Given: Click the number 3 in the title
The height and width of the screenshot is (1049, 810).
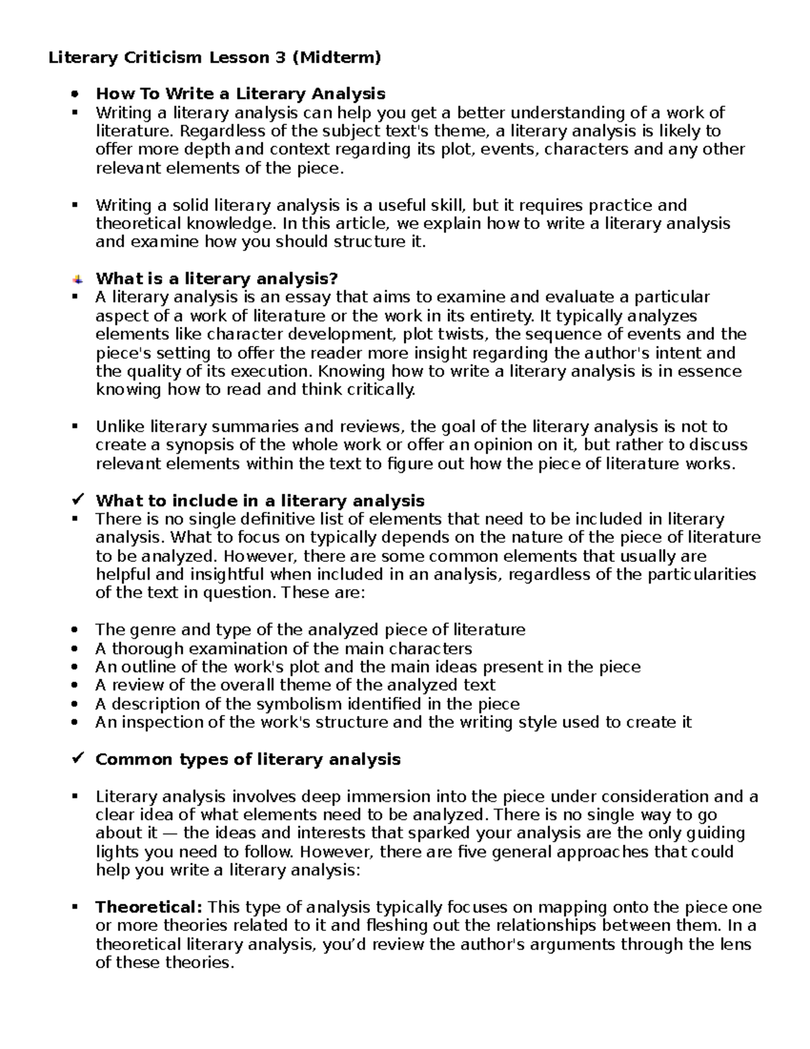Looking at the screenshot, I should coord(279,57).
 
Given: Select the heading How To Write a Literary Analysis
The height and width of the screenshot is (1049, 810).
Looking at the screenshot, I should coord(240,94).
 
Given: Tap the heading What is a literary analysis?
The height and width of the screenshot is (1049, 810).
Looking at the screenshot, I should coord(216,278).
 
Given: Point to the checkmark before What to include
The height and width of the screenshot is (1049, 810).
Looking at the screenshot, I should coord(77,500).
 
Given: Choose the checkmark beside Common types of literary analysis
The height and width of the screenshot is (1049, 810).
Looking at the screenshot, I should coord(77,759).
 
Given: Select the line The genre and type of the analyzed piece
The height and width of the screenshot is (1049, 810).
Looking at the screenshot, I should coord(310,630).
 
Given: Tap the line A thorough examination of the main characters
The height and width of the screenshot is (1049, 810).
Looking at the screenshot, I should coord(283,648).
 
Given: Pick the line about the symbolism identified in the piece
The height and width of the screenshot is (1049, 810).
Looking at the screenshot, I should coord(307,704).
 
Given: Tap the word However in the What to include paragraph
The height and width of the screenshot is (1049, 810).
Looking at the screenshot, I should coord(261,556).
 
